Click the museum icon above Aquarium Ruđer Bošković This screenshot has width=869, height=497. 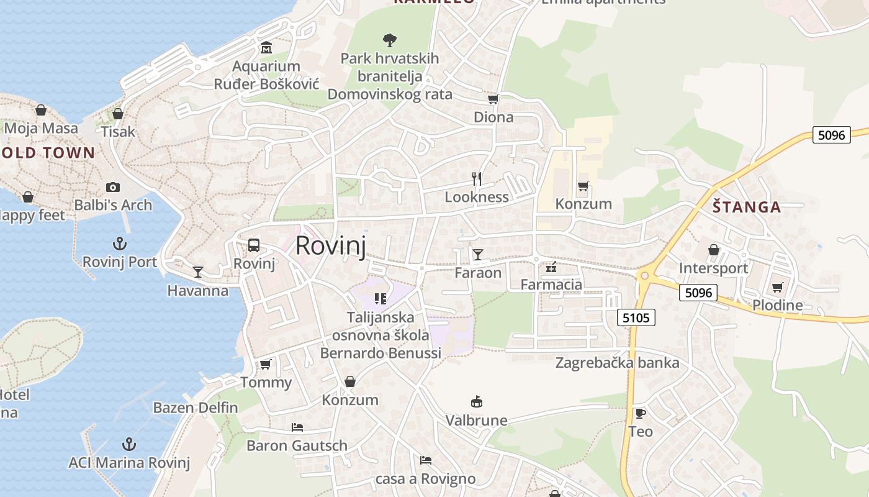[x=266, y=48]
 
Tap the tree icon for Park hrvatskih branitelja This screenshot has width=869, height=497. [x=390, y=40]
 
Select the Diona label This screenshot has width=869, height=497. [x=493, y=117]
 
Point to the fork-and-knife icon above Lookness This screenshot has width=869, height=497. [x=477, y=179]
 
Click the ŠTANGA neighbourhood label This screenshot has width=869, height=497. [x=746, y=207]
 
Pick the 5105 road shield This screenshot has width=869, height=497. [x=636, y=318]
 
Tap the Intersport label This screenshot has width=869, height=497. [x=713, y=268]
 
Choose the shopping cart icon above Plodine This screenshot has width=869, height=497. [x=777, y=287]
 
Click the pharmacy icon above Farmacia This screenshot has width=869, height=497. [x=551, y=268]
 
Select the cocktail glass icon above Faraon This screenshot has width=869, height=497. [x=477, y=254]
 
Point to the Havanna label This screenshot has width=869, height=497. [x=198, y=290]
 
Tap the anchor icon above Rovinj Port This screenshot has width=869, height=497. [x=119, y=244]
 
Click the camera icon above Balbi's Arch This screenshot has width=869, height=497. [x=112, y=187]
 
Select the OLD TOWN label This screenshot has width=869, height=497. [x=48, y=153]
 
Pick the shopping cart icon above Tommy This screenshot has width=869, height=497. [x=266, y=364]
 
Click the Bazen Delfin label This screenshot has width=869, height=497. [x=196, y=408]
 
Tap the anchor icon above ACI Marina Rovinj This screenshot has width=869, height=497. [x=128, y=444]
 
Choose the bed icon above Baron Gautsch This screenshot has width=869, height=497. [x=297, y=427]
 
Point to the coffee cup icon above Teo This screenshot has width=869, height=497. [x=641, y=413]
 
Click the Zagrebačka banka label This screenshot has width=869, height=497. [x=617, y=362]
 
